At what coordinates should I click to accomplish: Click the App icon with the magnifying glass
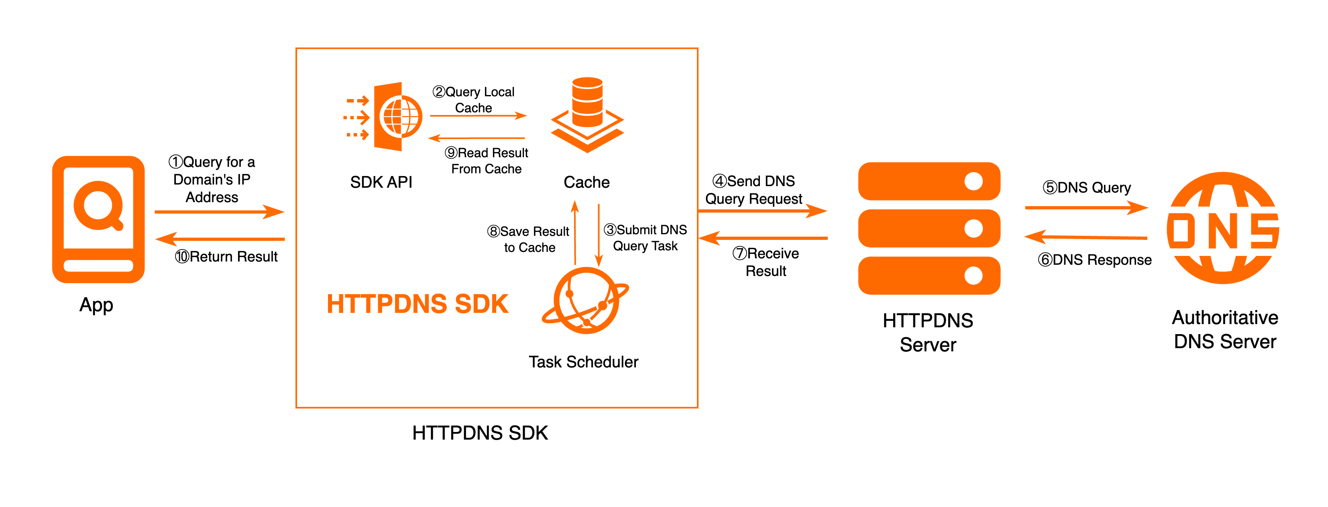[x=98, y=219]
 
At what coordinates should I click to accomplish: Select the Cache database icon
[x=587, y=114]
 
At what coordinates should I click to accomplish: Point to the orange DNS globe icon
[x=1223, y=228]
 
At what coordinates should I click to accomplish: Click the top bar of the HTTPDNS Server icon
[x=929, y=181]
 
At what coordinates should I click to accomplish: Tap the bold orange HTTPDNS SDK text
[x=418, y=304]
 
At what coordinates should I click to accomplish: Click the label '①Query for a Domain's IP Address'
[x=212, y=179]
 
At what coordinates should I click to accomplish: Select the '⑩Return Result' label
[x=226, y=257]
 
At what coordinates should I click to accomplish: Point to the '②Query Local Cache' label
[x=474, y=99]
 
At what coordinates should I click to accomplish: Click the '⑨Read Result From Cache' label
[x=486, y=161]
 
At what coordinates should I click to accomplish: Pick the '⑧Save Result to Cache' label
[x=529, y=239]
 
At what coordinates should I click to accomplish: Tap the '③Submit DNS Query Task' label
[x=646, y=237]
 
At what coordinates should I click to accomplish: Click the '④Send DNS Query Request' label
[x=754, y=190]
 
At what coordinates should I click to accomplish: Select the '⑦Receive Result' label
[x=766, y=262]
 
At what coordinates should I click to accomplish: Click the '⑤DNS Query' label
[x=1087, y=188]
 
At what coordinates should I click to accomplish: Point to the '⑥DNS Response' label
[x=1094, y=260]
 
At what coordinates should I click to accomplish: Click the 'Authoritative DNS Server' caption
[x=1225, y=329]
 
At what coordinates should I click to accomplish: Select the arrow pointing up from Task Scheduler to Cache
[x=575, y=232]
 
